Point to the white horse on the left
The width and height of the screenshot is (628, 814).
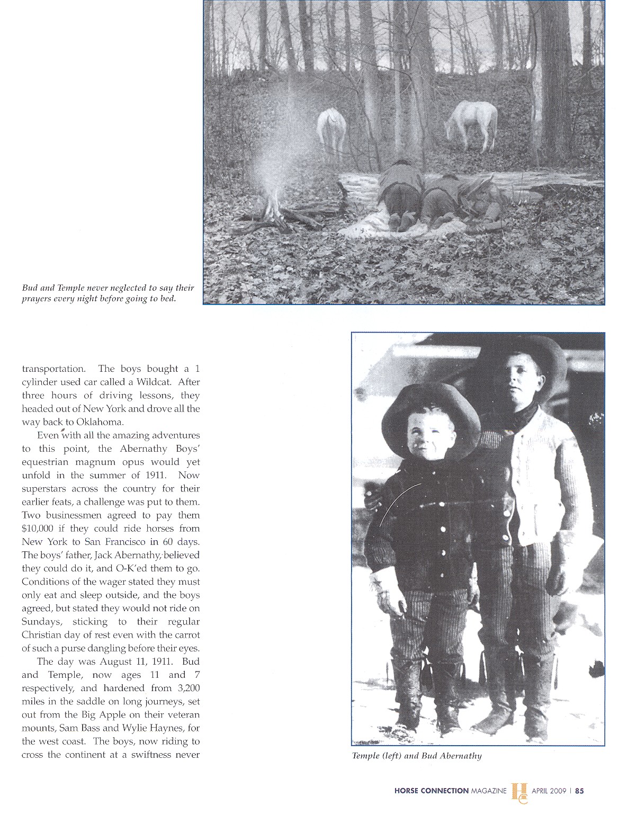pos(330,130)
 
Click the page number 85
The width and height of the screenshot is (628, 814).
pos(579,791)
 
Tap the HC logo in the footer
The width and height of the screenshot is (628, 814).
pos(519,792)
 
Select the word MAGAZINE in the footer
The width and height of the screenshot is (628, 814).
pos(489,791)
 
